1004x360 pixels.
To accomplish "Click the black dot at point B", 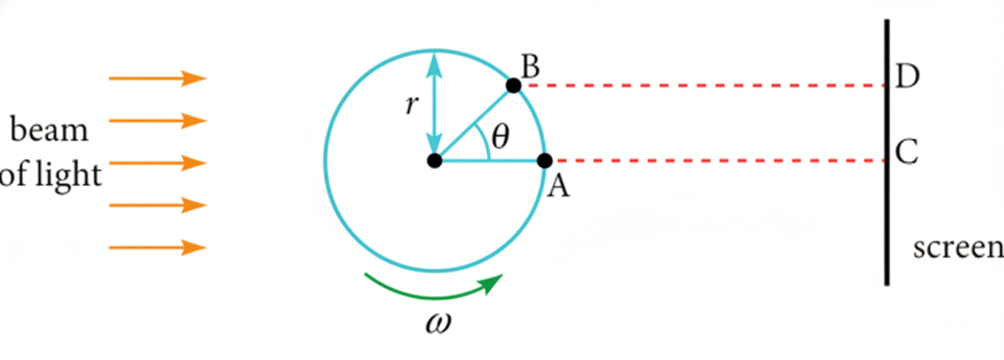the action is (514, 85).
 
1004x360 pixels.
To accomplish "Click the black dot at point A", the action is (545, 160).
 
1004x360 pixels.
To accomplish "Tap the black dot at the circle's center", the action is (435, 160).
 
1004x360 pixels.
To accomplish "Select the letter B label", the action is (530, 66).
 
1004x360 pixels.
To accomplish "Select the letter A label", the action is (558, 186).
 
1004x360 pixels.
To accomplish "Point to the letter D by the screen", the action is (907, 76).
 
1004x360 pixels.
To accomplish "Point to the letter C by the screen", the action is (907, 152).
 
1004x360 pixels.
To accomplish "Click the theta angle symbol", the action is (500, 136).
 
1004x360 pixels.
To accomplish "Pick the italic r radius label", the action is (412, 105).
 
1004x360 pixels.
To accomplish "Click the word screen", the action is (958, 248).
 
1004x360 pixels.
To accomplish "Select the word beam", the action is (49, 130).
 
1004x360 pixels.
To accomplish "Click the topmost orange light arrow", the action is (157, 79).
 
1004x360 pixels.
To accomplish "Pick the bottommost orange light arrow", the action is (157, 247).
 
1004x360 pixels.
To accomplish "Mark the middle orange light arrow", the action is (157, 163).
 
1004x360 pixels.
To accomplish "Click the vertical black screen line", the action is (887, 152).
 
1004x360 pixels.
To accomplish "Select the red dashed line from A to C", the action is (719, 160).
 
